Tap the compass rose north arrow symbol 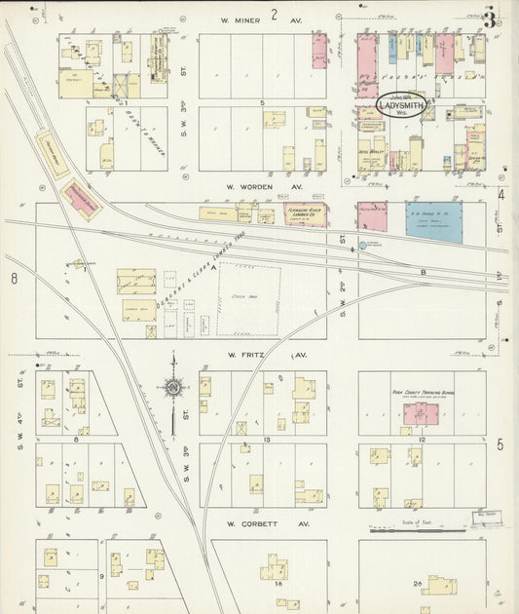(173, 389)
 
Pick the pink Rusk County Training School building (421, 416)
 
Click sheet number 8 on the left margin (15, 280)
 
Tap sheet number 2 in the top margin (275, 14)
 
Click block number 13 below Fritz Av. (265, 441)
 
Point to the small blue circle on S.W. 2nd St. (364, 246)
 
